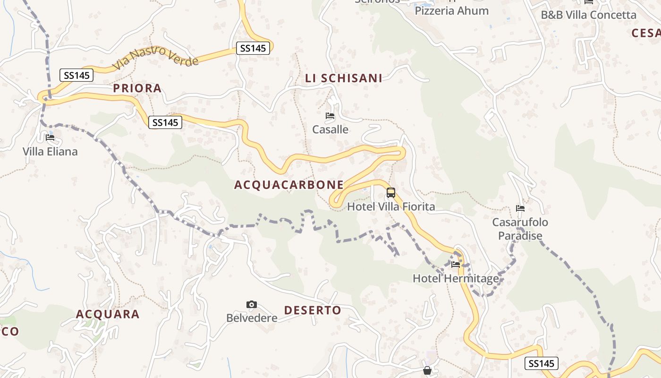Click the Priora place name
(137, 88)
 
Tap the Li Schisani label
(344, 78)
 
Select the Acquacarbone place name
(289, 185)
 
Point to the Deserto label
(313, 310)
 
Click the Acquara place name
(108, 314)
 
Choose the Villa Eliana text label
(50, 152)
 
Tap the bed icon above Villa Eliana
(50, 137)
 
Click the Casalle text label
(330, 129)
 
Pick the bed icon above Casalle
(330, 115)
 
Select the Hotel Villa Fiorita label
(391, 206)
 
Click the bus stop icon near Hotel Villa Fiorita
(391, 192)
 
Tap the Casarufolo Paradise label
(520, 229)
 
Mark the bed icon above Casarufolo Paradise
(520, 208)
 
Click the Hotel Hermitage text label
(456, 278)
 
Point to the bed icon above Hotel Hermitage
(456, 264)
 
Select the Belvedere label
(252, 318)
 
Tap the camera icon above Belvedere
(252, 304)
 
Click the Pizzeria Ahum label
(451, 11)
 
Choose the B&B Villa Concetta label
(588, 15)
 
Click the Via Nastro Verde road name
(155, 57)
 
